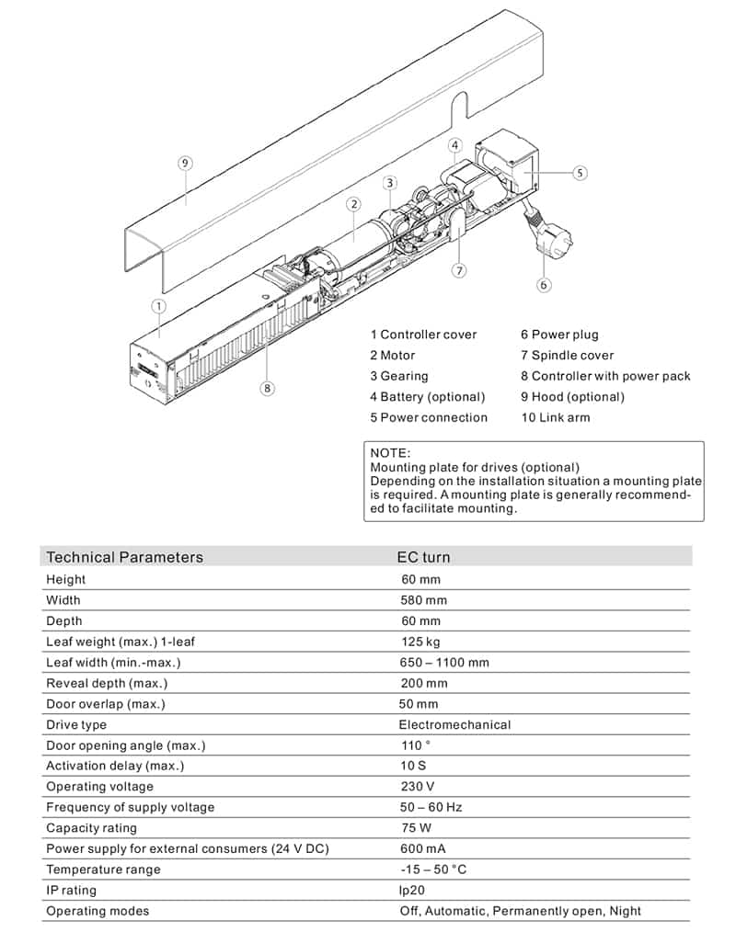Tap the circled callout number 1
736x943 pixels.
point(159,306)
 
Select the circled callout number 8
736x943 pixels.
point(267,388)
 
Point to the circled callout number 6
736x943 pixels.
point(544,285)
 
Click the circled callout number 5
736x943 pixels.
point(580,173)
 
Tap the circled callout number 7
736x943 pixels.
point(459,270)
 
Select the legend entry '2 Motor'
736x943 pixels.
point(393,356)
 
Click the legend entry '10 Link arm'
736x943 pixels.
point(556,417)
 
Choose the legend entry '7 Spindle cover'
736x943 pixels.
point(567,356)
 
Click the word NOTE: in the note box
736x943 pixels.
point(390,453)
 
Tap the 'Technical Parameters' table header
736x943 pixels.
point(124,557)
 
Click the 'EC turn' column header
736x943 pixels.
point(423,557)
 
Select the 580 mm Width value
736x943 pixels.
point(424,600)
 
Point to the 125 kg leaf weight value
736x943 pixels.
point(420,642)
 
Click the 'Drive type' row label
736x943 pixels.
point(76,724)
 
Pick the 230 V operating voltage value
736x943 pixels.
point(418,787)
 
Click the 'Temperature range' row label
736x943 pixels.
point(103,869)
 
